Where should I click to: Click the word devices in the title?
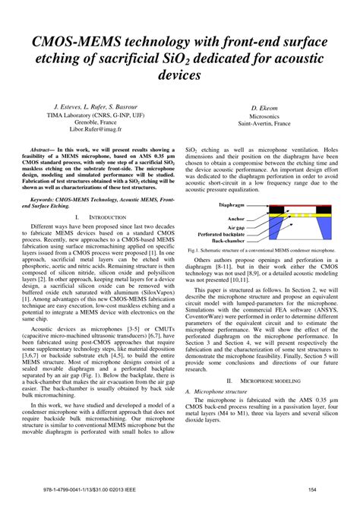[x=179, y=76]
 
